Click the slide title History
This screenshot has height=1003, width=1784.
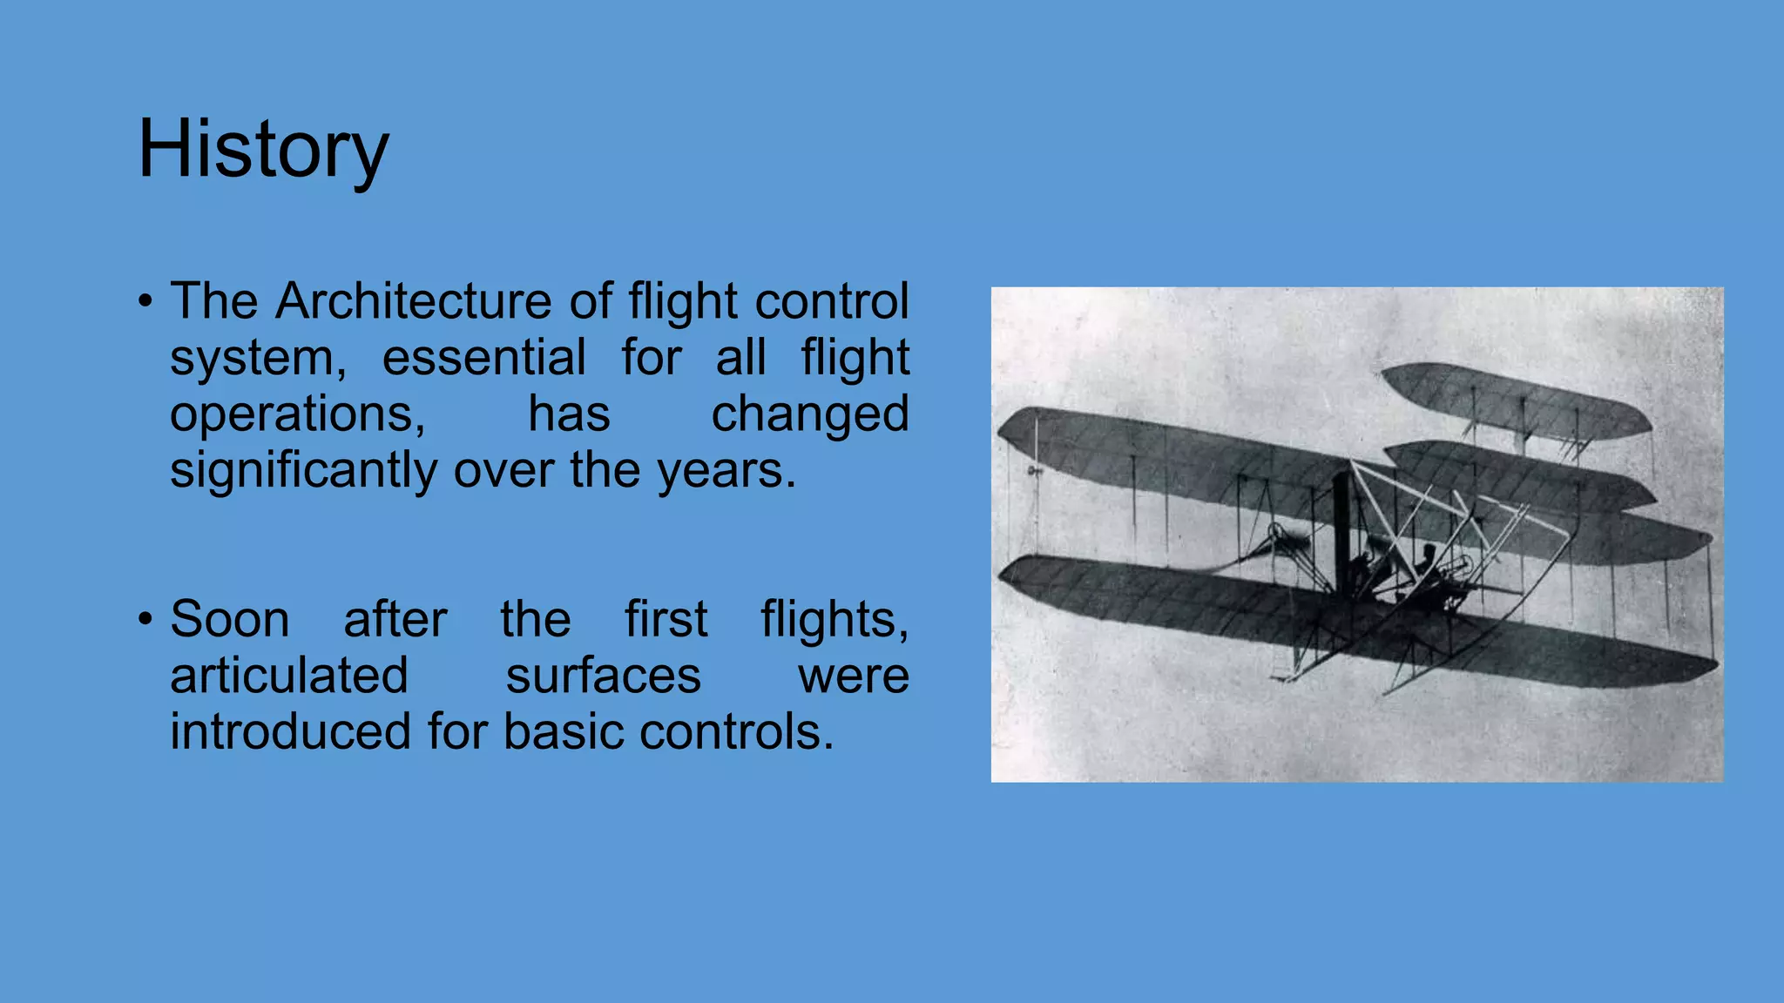click(263, 150)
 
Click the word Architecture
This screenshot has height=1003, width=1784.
click(414, 301)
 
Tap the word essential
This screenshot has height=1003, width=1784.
click(483, 358)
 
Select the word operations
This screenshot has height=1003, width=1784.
click(297, 414)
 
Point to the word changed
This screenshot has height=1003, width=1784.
click(810, 414)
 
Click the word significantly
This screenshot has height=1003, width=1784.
click(304, 471)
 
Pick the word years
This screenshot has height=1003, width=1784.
click(726, 471)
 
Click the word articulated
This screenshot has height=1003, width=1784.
click(289, 676)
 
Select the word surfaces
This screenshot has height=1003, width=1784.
click(603, 676)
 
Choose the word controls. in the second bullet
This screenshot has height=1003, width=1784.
click(736, 731)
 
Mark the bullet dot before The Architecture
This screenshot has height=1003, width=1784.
click(145, 302)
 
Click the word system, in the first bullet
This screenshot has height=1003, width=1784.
click(258, 358)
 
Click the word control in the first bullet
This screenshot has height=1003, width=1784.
click(832, 301)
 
